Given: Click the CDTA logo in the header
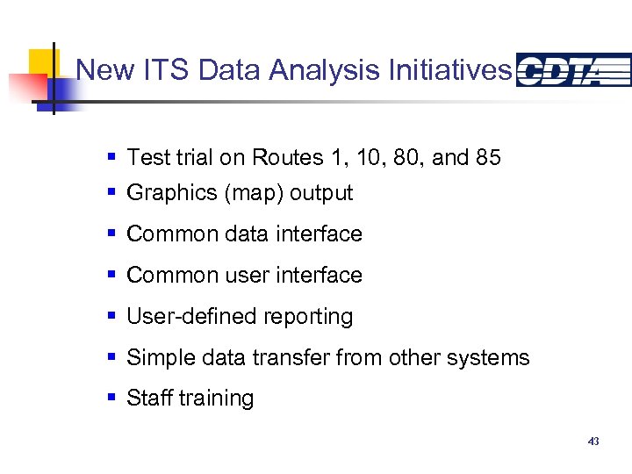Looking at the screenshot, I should coord(573,70).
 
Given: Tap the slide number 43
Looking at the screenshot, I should coord(593,442).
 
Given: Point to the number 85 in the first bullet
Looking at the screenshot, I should coord(488,158).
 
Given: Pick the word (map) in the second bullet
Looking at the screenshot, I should coord(255,193).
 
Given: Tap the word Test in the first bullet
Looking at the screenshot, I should coord(146,158).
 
